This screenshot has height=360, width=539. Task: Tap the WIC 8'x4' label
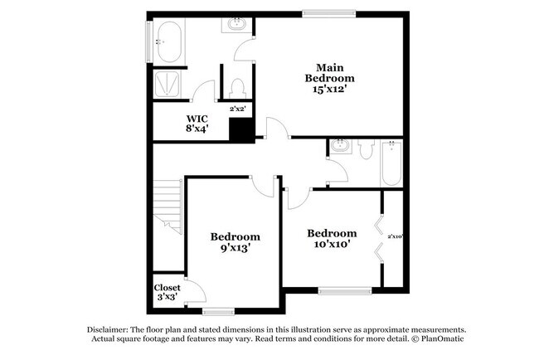[x=196, y=123]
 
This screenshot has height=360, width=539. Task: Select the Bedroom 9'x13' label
[x=235, y=241]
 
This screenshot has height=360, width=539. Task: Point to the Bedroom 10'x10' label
[x=332, y=239]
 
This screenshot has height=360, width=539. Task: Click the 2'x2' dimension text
[x=238, y=108]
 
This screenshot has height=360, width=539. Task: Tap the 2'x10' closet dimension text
[x=395, y=236]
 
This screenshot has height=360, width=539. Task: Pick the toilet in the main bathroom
[x=237, y=86]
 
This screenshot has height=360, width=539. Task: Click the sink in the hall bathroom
[x=340, y=148]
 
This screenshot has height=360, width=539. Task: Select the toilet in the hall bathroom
[x=365, y=147]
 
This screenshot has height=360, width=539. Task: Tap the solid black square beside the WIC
[x=241, y=131]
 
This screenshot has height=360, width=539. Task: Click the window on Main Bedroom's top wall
[x=328, y=12]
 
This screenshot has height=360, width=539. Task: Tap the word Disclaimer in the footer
[x=112, y=328]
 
